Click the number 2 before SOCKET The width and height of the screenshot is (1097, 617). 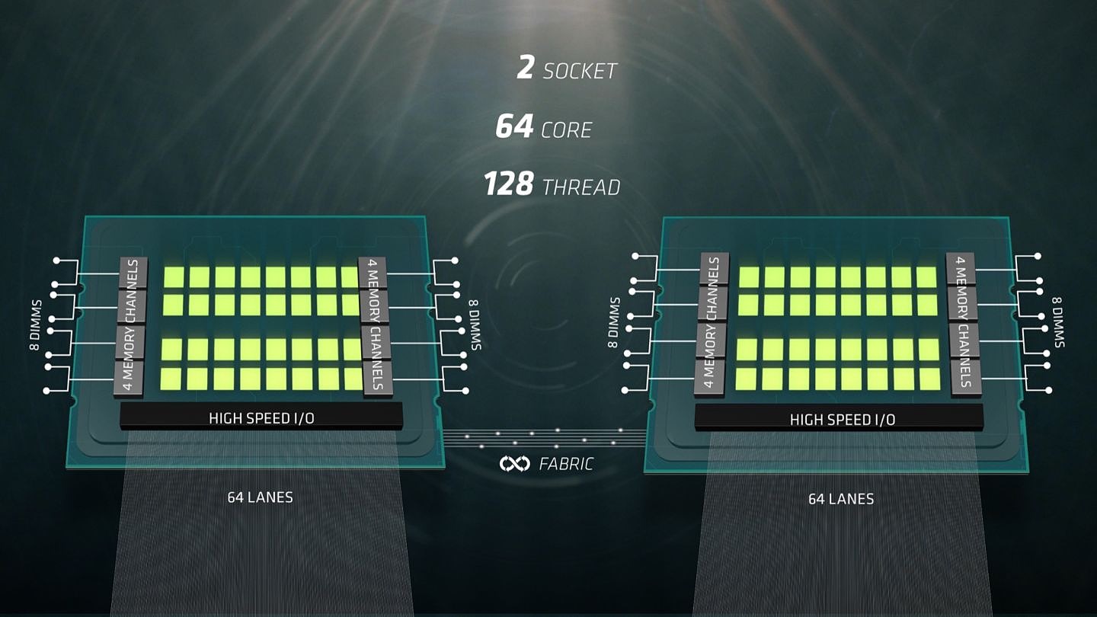click(525, 69)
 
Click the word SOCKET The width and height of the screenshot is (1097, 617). click(579, 72)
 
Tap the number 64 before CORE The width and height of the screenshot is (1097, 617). click(514, 127)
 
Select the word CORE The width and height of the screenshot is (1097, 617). click(566, 130)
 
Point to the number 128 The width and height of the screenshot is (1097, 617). click(508, 184)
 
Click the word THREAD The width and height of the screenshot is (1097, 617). click(581, 187)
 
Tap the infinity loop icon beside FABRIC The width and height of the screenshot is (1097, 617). click(514, 463)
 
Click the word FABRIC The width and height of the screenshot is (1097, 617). click(565, 463)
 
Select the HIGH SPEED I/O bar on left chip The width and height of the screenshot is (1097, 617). click(261, 417)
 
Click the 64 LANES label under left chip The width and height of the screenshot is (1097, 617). click(260, 497)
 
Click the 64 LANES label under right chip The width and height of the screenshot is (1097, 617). click(841, 499)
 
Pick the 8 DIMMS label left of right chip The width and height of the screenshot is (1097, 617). click(614, 322)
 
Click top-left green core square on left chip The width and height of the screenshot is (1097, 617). click(173, 277)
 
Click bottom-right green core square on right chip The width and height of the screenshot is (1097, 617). click(929, 379)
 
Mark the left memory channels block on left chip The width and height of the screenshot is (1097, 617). click(130, 328)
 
